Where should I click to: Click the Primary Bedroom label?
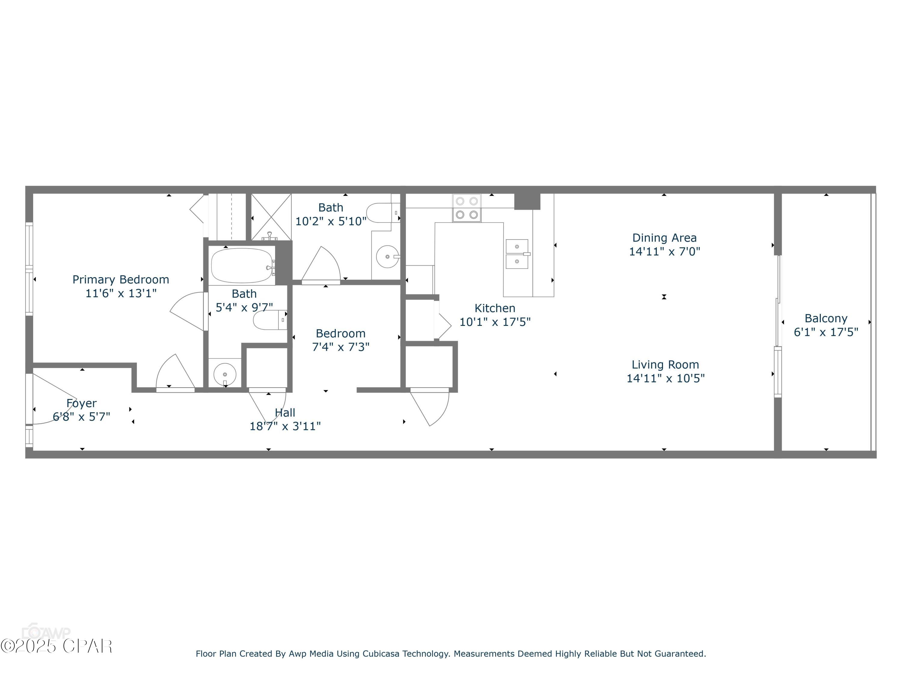point(121,280)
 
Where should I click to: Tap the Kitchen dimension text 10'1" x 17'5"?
point(495,322)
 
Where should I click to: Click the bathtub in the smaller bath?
point(241,266)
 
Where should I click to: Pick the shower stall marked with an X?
point(271,217)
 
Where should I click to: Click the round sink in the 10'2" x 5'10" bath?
point(387,257)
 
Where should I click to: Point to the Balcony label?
point(826,318)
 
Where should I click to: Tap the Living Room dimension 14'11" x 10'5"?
point(665,378)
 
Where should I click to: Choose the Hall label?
point(285,413)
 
